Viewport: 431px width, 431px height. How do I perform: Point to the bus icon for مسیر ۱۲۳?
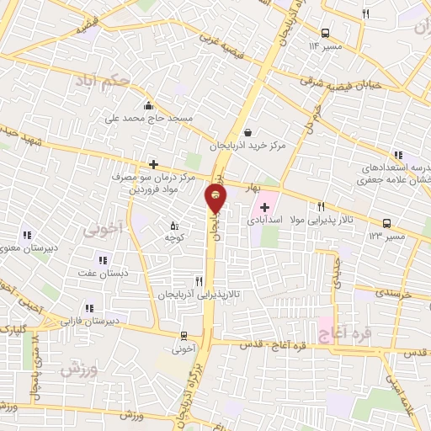(x=386, y=223)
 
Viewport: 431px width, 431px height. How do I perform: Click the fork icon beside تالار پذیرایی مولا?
(x=321, y=207)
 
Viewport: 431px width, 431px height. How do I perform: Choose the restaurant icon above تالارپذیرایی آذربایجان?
(x=199, y=281)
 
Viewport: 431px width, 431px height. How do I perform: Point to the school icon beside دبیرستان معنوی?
(x=26, y=235)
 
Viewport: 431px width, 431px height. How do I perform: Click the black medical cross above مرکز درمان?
(x=153, y=165)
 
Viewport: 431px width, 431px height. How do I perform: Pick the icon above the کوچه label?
(x=175, y=226)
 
